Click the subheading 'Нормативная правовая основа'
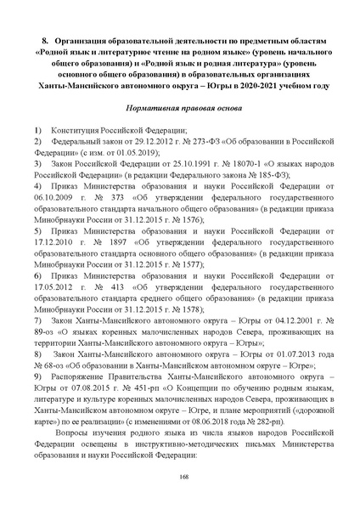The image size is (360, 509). coord(179,110)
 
